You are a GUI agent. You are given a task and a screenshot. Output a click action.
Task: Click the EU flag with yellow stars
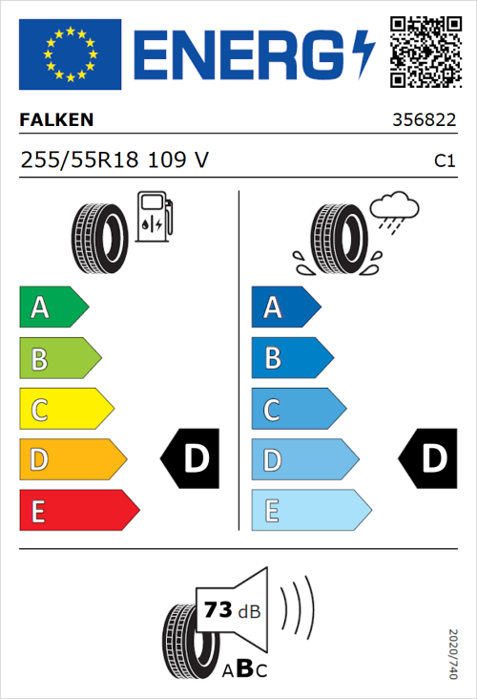pyautogui.click(x=70, y=54)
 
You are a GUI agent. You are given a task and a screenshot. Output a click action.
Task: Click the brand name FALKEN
pyautogui.click(x=57, y=121)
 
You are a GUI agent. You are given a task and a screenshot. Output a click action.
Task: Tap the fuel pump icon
pyautogui.click(x=154, y=216)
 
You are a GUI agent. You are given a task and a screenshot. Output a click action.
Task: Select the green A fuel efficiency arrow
pyautogui.click(x=53, y=307)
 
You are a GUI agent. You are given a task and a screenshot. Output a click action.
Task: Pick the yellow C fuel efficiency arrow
pyautogui.click(x=66, y=410)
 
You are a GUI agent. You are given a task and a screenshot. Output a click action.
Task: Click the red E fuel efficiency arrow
pyautogui.click(x=78, y=511)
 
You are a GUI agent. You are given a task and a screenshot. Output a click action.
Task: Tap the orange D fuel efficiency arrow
pyautogui.click(x=73, y=460)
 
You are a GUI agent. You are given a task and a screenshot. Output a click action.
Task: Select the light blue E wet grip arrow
pyautogui.click(x=310, y=511)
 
